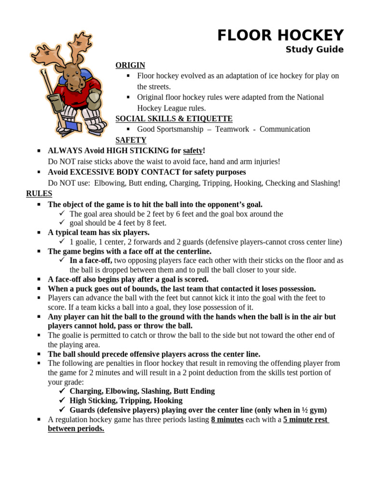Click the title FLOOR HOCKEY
click(280, 35)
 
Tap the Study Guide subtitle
click(315, 50)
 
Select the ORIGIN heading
click(130, 65)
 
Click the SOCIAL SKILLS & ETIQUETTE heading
click(174, 119)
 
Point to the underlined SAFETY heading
click(131, 140)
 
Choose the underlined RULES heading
click(39, 193)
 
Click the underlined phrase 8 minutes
click(227, 420)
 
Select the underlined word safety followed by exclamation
click(193, 151)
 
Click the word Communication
click(285, 129)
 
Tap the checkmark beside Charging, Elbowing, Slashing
click(62, 391)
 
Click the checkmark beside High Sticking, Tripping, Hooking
click(62, 401)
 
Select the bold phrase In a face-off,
click(91, 261)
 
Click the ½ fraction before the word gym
click(304, 410)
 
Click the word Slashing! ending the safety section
click(325, 183)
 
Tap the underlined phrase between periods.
click(76, 429)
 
